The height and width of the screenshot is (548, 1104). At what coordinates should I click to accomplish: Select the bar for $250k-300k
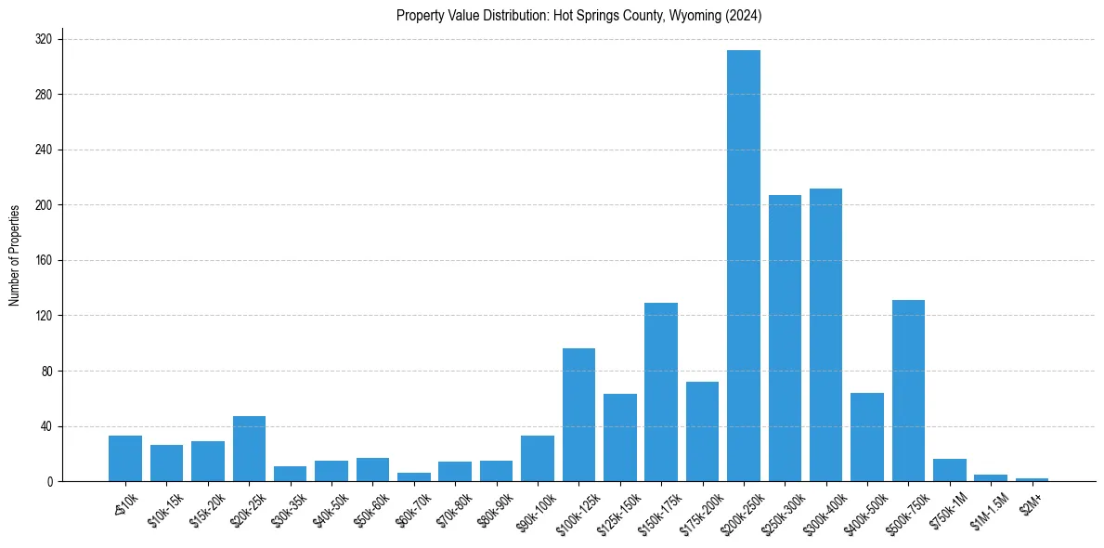tap(785, 338)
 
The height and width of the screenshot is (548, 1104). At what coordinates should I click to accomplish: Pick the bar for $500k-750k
tap(908, 391)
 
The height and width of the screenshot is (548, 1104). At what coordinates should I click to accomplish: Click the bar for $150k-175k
tap(661, 392)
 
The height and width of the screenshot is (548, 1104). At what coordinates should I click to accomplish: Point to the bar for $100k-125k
tap(578, 415)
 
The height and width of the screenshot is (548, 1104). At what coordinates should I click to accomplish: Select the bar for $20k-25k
tap(249, 449)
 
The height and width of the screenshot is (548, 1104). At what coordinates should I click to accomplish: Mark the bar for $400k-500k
tap(867, 437)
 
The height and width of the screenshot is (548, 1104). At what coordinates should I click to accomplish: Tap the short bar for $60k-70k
tap(414, 476)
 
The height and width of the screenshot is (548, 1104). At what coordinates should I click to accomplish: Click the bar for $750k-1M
tap(949, 470)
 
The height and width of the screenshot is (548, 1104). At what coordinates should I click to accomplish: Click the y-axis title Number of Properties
tap(15, 255)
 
